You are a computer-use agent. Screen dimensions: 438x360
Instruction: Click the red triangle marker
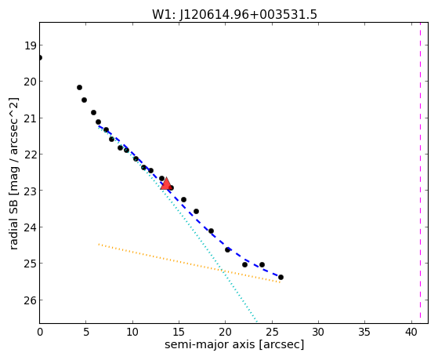coord(166,184)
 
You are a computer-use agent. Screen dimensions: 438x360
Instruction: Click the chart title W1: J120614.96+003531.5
coord(234,14)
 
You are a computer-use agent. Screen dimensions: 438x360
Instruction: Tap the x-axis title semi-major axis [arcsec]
coord(234,344)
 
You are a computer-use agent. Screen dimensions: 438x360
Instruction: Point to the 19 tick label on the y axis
coord(31,45)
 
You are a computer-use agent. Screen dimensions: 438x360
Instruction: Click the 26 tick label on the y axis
coord(31,300)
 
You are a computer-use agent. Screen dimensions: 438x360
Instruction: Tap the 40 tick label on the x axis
coord(411,333)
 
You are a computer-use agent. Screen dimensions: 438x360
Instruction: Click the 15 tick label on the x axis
coord(179,333)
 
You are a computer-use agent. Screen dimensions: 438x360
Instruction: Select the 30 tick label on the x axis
coord(318,333)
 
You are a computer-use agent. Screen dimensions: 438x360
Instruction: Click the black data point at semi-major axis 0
coord(40,57)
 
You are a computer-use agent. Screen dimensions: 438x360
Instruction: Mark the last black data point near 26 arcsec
coord(281,277)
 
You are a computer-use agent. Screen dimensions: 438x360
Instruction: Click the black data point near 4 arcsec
coord(79,88)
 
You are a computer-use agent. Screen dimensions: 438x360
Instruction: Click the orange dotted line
coord(189,264)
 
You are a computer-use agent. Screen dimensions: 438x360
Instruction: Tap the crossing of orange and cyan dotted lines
coord(223,271)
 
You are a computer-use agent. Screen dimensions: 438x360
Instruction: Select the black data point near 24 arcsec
coord(262,264)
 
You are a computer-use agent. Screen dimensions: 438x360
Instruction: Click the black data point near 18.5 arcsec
coord(211,231)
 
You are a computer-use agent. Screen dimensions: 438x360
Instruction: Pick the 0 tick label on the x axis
coord(40,333)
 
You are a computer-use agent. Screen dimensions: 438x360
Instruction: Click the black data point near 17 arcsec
coord(196,211)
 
